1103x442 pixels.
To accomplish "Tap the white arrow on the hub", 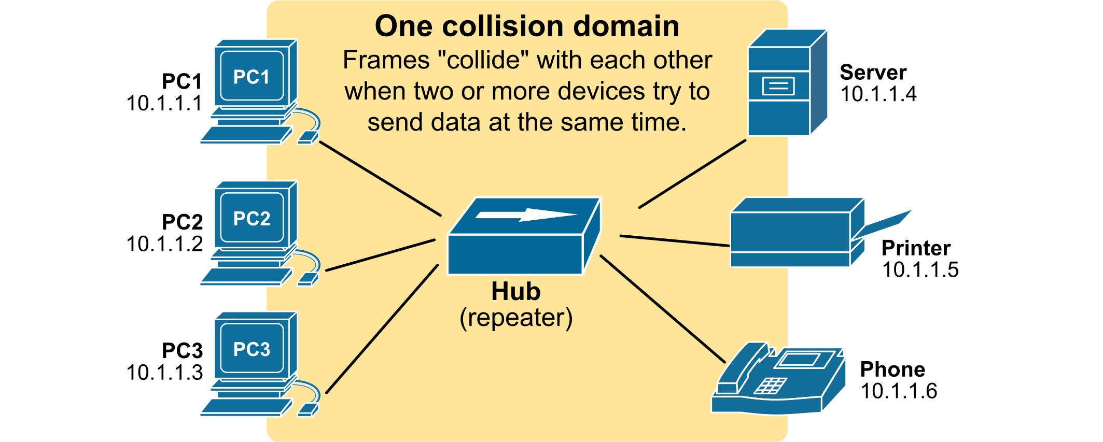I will pyautogui.click(x=526, y=214).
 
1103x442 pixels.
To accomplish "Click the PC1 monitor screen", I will pyautogui.click(x=252, y=77).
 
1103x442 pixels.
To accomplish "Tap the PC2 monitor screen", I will pyautogui.click(x=252, y=218).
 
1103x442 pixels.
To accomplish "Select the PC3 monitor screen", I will pyautogui.click(x=252, y=349).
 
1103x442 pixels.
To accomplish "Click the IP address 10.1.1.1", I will pyautogui.click(x=164, y=103).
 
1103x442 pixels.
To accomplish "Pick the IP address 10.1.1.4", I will pyautogui.click(x=878, y=94).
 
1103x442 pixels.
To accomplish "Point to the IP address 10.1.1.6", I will pyautogui.click(x=899, y=391).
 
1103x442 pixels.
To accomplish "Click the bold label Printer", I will pyautogui.click(x=916, y=248).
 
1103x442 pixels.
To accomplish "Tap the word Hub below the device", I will pyautogui.click(x=515, y=291).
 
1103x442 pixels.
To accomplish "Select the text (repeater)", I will pyautogui.click(x=516, y=318).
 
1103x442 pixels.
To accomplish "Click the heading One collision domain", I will pyautogui.click(x=527, y=26).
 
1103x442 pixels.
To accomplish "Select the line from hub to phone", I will pyautogui.click(x=662, y=308).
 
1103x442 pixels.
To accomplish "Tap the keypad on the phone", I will pyautogui.click(x=770, y=386).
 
